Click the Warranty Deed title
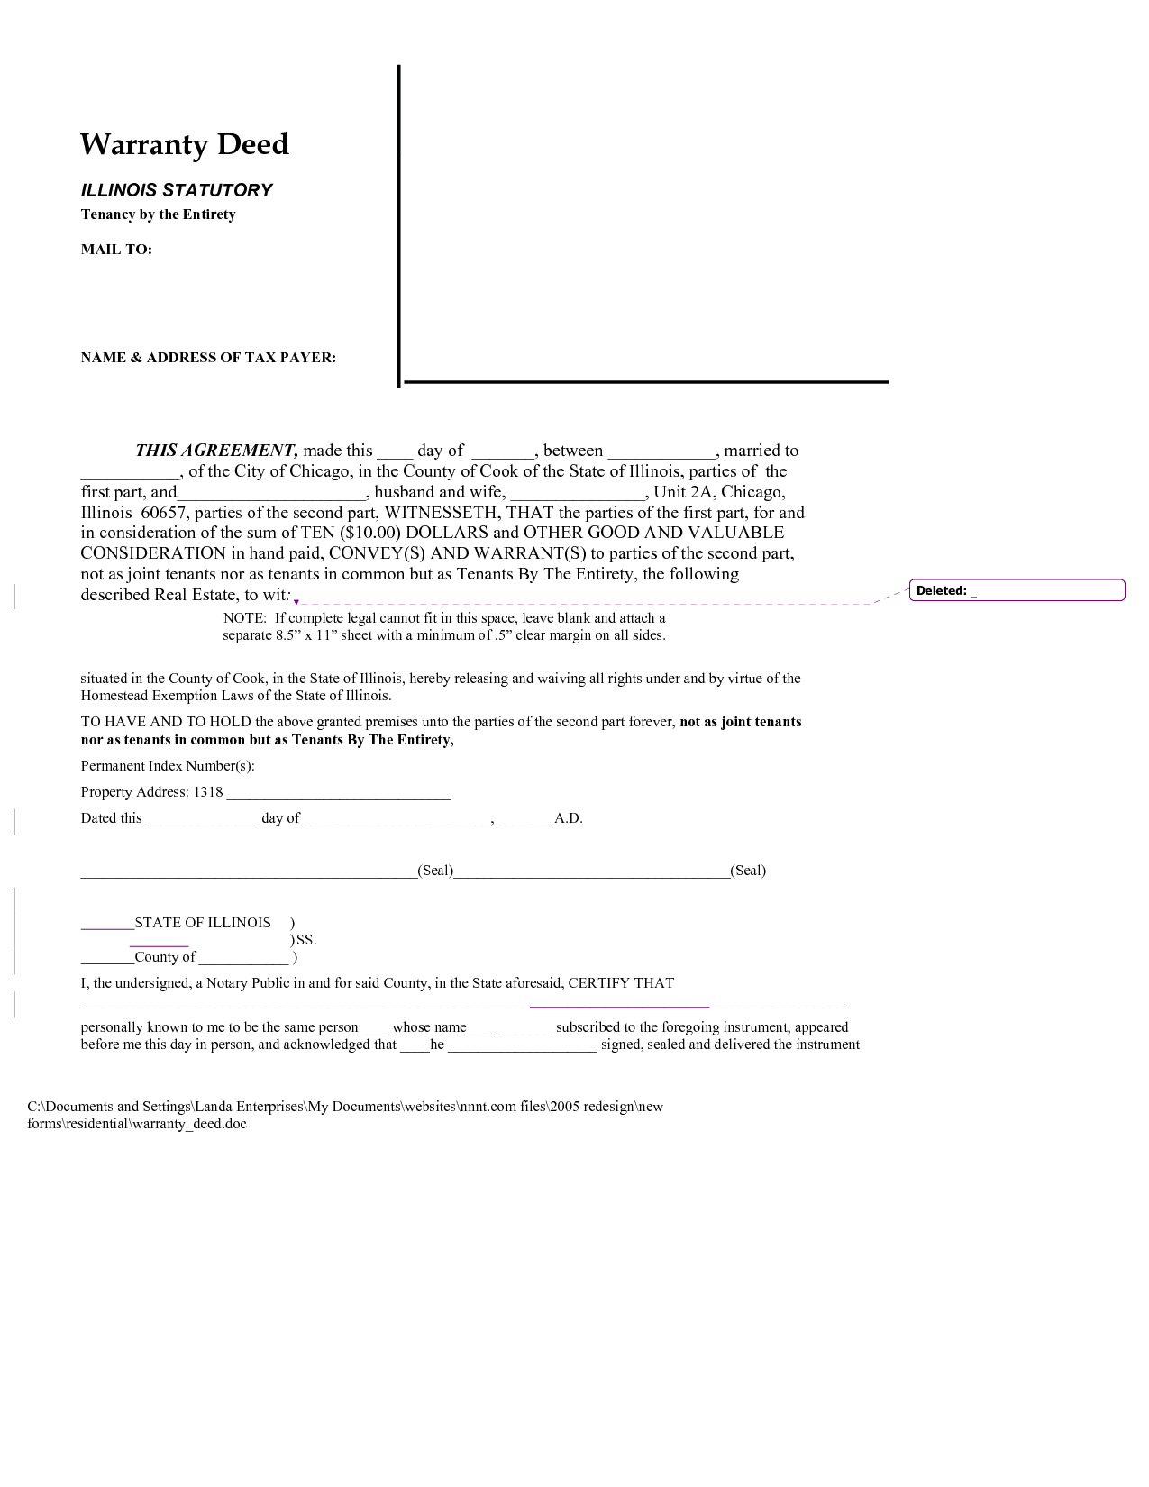pyautogui.click(x=185, y=144)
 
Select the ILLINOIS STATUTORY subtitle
pyautogui.click(x=177, y=190)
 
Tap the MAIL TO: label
pyautogui.click(x=116, y=250)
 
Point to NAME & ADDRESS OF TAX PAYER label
pyautogui.click(x=208, y=358)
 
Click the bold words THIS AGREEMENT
pyautogui.click(x=216, y=451)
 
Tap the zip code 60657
pyautogui.click(x=163, y=513)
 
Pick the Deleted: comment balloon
pyautogui.click(x=1017, y=590)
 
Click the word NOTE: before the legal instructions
pyautogui.click(x=244, y=618)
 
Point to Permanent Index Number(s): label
pyautogui.click(x=168, y=766)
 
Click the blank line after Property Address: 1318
pyautogui.click(x=338, y=794)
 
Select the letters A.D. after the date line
pyautogui.click(x=569, y=818)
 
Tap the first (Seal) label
pyautogui.click(x=435, y=871)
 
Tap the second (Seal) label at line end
pyautogui.click(x=748, y=871)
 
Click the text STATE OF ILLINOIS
pyautogui.click(x=203, y=923)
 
